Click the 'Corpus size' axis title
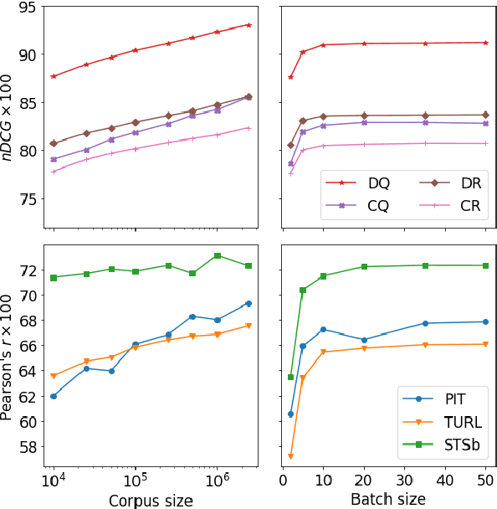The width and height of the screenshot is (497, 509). click(151, 500)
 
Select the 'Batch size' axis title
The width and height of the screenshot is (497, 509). click(387, 500)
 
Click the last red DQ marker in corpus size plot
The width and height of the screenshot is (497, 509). click(248, 24)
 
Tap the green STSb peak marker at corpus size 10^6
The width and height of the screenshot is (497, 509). click(217, 255)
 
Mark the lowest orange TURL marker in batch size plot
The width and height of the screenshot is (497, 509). click(290, 456)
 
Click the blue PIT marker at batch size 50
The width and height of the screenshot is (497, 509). click(486, 321)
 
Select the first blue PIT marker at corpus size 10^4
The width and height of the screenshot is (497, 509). click(54, 396)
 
